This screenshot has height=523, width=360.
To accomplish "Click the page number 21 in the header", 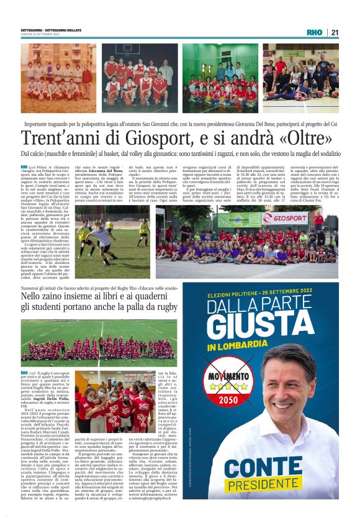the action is pos(335,33).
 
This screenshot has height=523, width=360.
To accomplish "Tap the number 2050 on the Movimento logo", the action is pos(227,417).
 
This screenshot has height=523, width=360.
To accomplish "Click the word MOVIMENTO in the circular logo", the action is pos(227,396).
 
